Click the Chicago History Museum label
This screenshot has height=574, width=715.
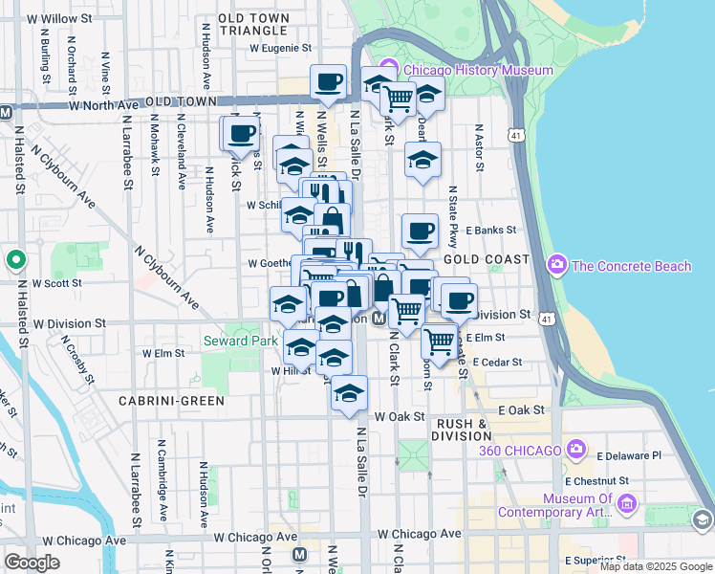[477, 70]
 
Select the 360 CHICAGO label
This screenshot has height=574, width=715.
[520, 451]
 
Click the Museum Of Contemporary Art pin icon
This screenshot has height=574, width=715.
[627, 503]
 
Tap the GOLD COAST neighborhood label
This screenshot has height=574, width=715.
[486, 259]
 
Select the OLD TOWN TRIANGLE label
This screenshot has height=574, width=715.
[253, 24]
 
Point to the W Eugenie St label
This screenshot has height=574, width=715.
[281, 47]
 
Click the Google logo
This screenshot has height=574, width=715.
[32, 563]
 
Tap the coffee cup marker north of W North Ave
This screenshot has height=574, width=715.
[329, 82]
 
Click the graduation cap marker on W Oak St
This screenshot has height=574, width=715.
[350, 392]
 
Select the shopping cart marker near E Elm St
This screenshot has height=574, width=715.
[439, 340]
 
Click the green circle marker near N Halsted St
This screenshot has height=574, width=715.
[15, 259]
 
